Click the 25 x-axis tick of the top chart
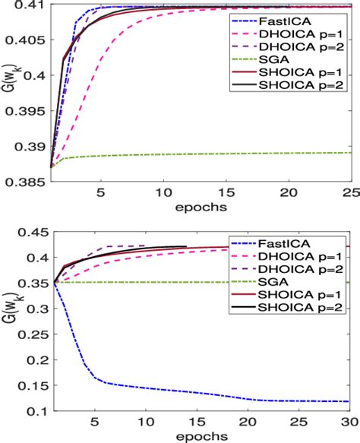(349, 195)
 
